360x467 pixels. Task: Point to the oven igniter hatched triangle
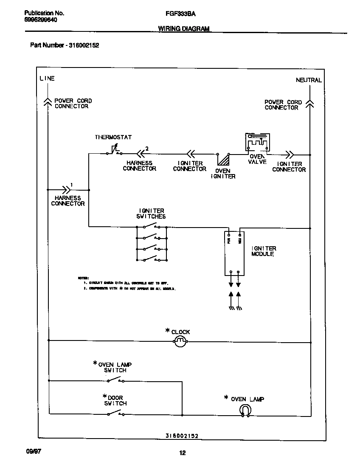(x=223, y=159)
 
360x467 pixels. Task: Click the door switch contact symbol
(x=115, y=414)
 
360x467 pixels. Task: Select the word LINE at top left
(x=47, y=78)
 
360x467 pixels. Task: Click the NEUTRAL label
(x=309, y=80)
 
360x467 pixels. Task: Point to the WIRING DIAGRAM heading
(x=184, y=28)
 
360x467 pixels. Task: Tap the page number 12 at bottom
(x=182, y=453)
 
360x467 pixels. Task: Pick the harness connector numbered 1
(x=67, y=189)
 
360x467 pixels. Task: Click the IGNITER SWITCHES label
(x=152, y=214)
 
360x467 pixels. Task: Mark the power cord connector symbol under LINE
(x=48, y=101)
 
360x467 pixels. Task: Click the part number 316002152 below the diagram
(x=182, y=436)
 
